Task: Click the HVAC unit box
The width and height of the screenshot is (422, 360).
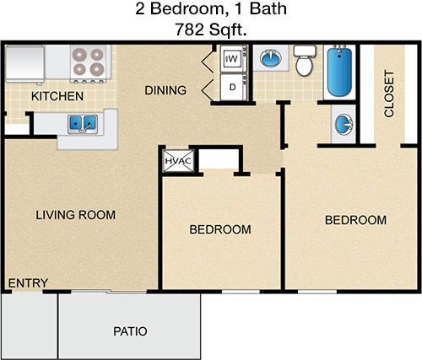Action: (x=178, y=161)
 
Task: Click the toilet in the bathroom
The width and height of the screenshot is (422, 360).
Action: (x=305, y=61)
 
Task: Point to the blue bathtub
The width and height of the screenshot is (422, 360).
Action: (x=339, y=72)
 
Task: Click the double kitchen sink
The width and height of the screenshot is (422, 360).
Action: (x=83, y=124)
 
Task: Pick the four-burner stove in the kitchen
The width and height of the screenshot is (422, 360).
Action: (x=88, y=64)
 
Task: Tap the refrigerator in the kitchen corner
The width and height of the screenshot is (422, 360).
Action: (x=25, y=64)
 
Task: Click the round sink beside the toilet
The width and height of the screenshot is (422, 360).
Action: (x=271, y=58)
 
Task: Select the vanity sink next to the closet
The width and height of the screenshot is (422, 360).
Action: (x=344, y=125)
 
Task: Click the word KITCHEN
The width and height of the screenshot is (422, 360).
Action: (x=57, y=96)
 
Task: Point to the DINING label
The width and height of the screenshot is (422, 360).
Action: (x=165, y=90)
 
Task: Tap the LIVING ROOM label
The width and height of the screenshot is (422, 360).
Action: (x=75, y=215)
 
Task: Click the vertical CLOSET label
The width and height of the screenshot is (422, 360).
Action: (x=389, y=94)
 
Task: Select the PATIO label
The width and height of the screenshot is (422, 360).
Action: (x=130, y=331)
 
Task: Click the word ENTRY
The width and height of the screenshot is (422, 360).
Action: (x=28, y=283)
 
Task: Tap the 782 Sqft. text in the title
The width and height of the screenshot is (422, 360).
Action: (x=211, y=30)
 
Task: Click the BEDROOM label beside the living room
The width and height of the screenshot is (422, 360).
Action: (x=220, y=229)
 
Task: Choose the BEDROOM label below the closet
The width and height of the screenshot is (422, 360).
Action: (x=355, y=220)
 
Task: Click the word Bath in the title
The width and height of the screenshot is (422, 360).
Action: (x=268, y=8)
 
